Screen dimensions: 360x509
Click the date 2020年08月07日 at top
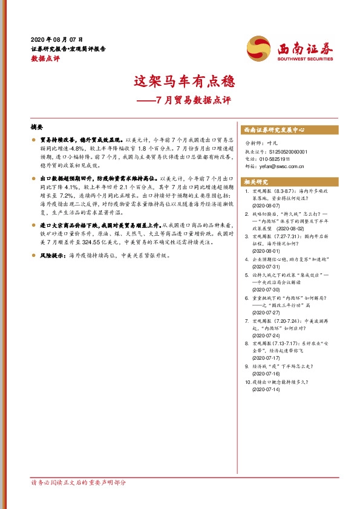[57, 38]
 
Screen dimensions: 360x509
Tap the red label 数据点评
[45, 59]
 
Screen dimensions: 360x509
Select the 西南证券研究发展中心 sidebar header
[274, 130]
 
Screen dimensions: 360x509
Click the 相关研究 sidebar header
[256, 181]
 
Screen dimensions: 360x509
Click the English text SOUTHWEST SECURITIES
[306, 59]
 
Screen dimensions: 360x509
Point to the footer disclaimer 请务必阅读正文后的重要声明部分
[79, 483]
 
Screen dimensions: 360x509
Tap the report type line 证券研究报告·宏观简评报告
[68, 48]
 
